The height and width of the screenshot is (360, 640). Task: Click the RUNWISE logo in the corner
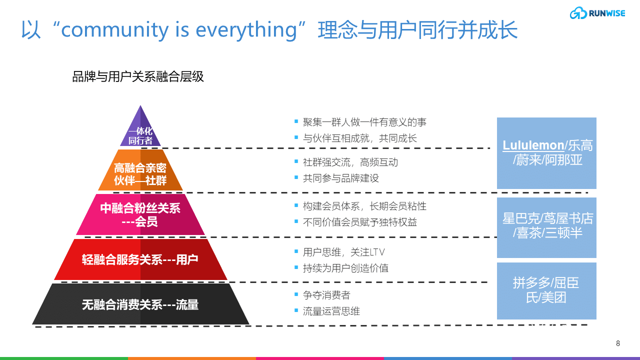click(x=597, y=13)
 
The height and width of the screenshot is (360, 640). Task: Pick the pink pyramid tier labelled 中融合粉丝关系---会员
click(x=140, y=214)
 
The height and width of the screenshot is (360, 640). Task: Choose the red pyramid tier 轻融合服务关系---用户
click(x=140, y=259)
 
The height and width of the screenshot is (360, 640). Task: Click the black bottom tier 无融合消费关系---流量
click(x=140, y=304)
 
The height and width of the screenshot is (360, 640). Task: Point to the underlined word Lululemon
click(x=533, y=145)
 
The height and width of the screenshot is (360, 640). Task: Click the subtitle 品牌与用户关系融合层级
click(x=138, y=77)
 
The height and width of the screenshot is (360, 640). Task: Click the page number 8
click(x=618, y=343)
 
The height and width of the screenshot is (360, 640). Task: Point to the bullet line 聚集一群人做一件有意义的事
click(x=364, y=122)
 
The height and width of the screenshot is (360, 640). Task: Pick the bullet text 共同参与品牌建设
click(x=340, y=178)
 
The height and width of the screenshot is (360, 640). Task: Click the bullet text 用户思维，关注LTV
click(x=343, y=252)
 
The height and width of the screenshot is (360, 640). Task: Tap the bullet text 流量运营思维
click(x=331, y=311)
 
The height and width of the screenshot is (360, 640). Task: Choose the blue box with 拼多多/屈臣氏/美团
click(x=546, y=290)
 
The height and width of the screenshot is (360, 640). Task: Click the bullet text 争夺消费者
click(x=326, y=295)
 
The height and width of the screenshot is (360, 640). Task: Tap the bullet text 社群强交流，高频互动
click(x=350, y=162)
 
